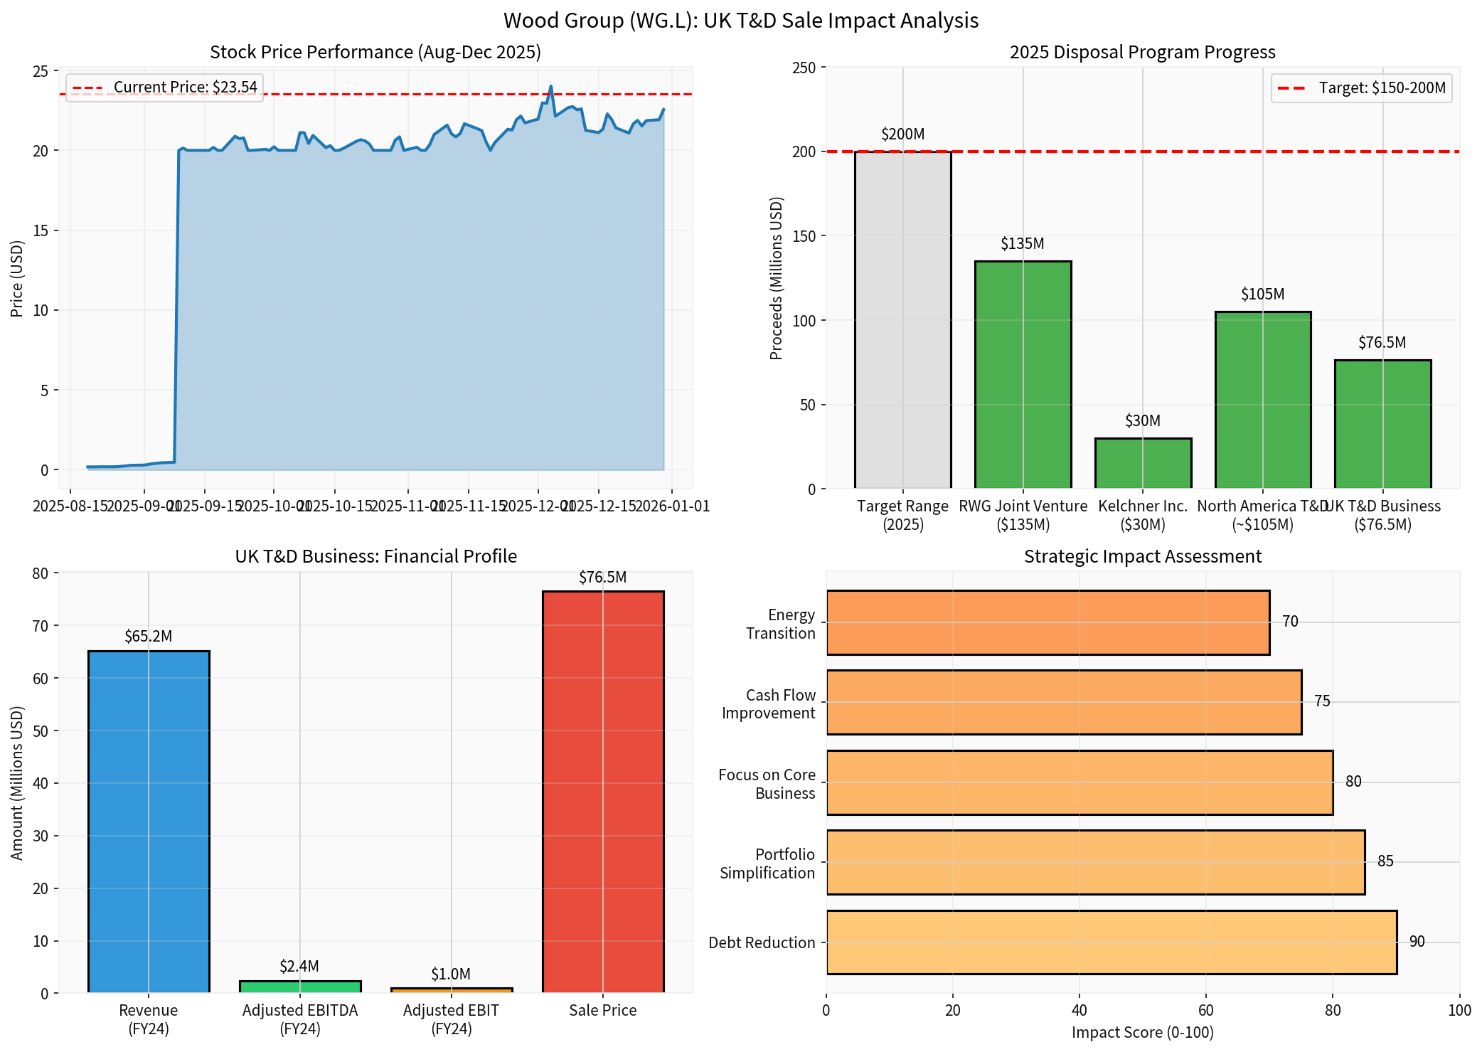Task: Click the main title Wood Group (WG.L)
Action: click(x=740, y=20)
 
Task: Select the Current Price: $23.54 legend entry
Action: click(x=164, y=87)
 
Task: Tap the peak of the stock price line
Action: click(x=550, y=87)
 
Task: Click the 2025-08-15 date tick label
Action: click(x=70, y=506)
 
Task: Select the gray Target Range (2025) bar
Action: click(x=902, y=320)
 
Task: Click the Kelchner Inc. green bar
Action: click(x=1142, y=463)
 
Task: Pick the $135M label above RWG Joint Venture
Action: click(x=1022, y=243)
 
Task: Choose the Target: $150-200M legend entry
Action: click(x=1361, y=88)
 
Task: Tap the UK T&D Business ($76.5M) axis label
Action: click(x=1382, y=515)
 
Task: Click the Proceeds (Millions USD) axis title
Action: click(x=776, y=278)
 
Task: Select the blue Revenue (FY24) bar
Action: click(x=149, y=822)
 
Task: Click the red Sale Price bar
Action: click(x=602, y=792)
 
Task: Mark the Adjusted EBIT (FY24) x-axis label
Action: click(x=451, y=1019)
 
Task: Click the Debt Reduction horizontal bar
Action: click(x=1111, y=942)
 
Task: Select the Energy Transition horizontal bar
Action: click(x=1047, y=622)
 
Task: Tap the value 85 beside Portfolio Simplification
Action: click(x=1385, y=861)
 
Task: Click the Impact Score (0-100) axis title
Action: click(x=1142, y=1032)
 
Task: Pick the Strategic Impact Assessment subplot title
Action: click(x=1142, y=556)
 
